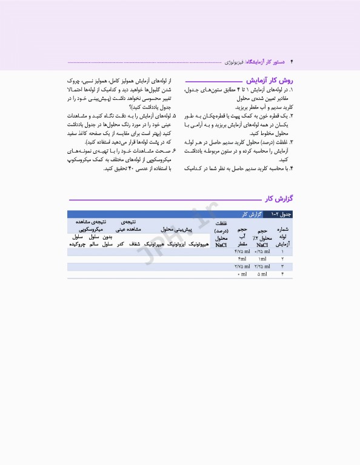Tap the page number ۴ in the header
[x=292, y=62]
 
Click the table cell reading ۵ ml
[x=263, y=274]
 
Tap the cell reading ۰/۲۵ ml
[x=262, y=251]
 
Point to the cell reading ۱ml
[x=263, y=259]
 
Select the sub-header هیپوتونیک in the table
[x=199, y=244]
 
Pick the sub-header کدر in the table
[x=121, y=244]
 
